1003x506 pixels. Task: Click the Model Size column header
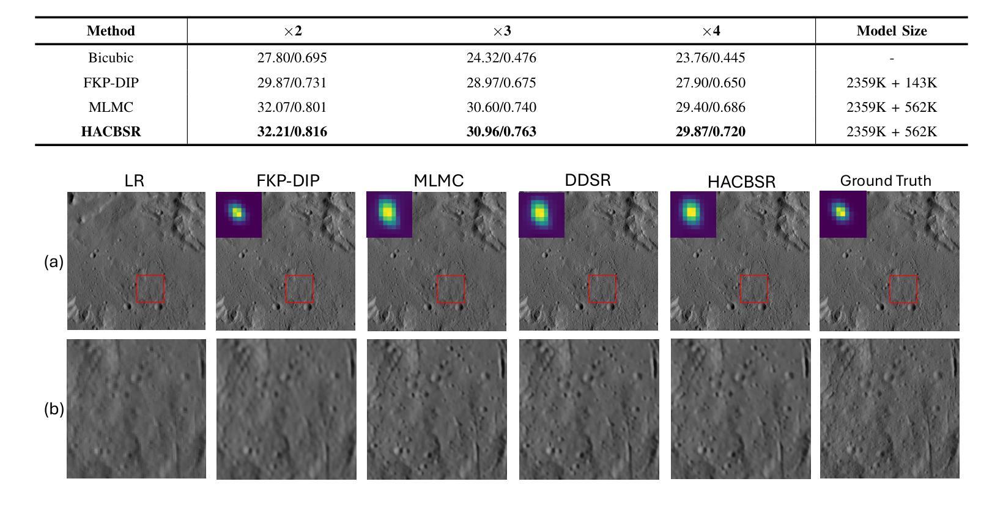[x=891, y=31]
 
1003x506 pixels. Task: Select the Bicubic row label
[x=111, y=58]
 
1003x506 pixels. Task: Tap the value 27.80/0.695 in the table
[x=292, y=58]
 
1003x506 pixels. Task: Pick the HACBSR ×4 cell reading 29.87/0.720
[x=710, y=132]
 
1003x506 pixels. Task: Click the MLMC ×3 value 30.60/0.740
[x=501, y=108]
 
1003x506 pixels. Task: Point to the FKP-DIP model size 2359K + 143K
[x=891, y=83]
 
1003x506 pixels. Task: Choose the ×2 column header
[x=292, y=31]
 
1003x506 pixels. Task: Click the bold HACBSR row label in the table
[x=111, y=132]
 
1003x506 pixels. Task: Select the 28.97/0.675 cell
[x=501, y=83]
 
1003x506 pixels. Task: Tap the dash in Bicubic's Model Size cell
[x=892, y=59]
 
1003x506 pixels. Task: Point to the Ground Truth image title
[x=885, y=181]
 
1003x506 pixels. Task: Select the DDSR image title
[x=588, y=180]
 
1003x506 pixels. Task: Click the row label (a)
[x=54, y=262]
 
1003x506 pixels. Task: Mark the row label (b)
[x=54, y=409]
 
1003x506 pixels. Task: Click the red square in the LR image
[x=150, y=288]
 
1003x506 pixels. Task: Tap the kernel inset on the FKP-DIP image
[x=239, y=215]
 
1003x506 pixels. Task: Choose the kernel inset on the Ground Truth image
[x=843, y=214]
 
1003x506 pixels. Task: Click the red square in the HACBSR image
[x=754, y=288]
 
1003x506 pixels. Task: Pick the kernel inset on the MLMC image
[x=389, y=215]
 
